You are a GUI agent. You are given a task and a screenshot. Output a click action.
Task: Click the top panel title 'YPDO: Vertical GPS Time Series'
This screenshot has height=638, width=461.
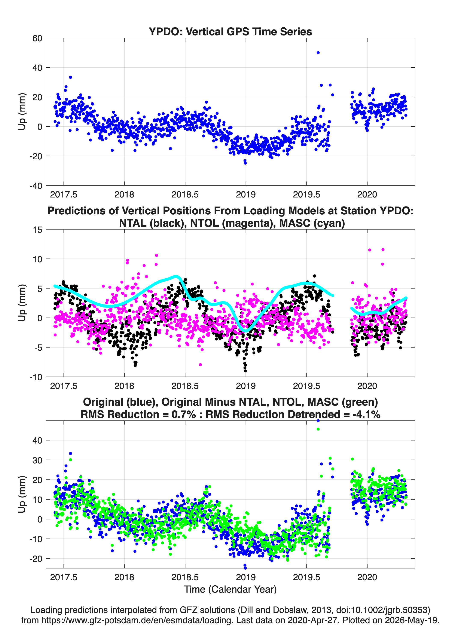click(x=230, y=31)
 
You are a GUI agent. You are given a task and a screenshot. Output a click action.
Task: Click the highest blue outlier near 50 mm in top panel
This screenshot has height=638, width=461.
click(x=318, y=53)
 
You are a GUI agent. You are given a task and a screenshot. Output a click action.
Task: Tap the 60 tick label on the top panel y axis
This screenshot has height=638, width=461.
click(x=37, y=38)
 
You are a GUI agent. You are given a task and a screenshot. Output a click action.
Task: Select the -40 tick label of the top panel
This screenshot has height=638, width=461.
click(x=36, y=186)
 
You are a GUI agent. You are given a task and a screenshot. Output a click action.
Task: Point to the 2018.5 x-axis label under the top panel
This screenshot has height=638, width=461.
click(x=185, y=194)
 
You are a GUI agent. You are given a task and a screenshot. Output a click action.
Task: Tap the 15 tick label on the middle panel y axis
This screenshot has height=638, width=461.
click(x=37, y=230)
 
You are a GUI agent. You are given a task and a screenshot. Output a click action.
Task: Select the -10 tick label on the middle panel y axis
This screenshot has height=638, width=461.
click(x=36, y=377)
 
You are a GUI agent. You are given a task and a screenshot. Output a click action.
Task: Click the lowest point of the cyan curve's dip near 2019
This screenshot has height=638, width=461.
click(x=246, y=331)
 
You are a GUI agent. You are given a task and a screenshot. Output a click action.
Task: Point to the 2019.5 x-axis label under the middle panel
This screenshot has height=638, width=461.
click(x=306, y=386)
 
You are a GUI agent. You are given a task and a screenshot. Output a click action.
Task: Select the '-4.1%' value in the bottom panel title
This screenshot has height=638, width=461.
click(x=366, y=414)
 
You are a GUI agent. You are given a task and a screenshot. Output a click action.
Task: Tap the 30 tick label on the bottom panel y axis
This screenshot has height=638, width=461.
click(x=37, y=460)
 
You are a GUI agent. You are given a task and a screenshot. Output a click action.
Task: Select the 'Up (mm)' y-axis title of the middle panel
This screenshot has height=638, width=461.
click(x=22, y=303)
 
